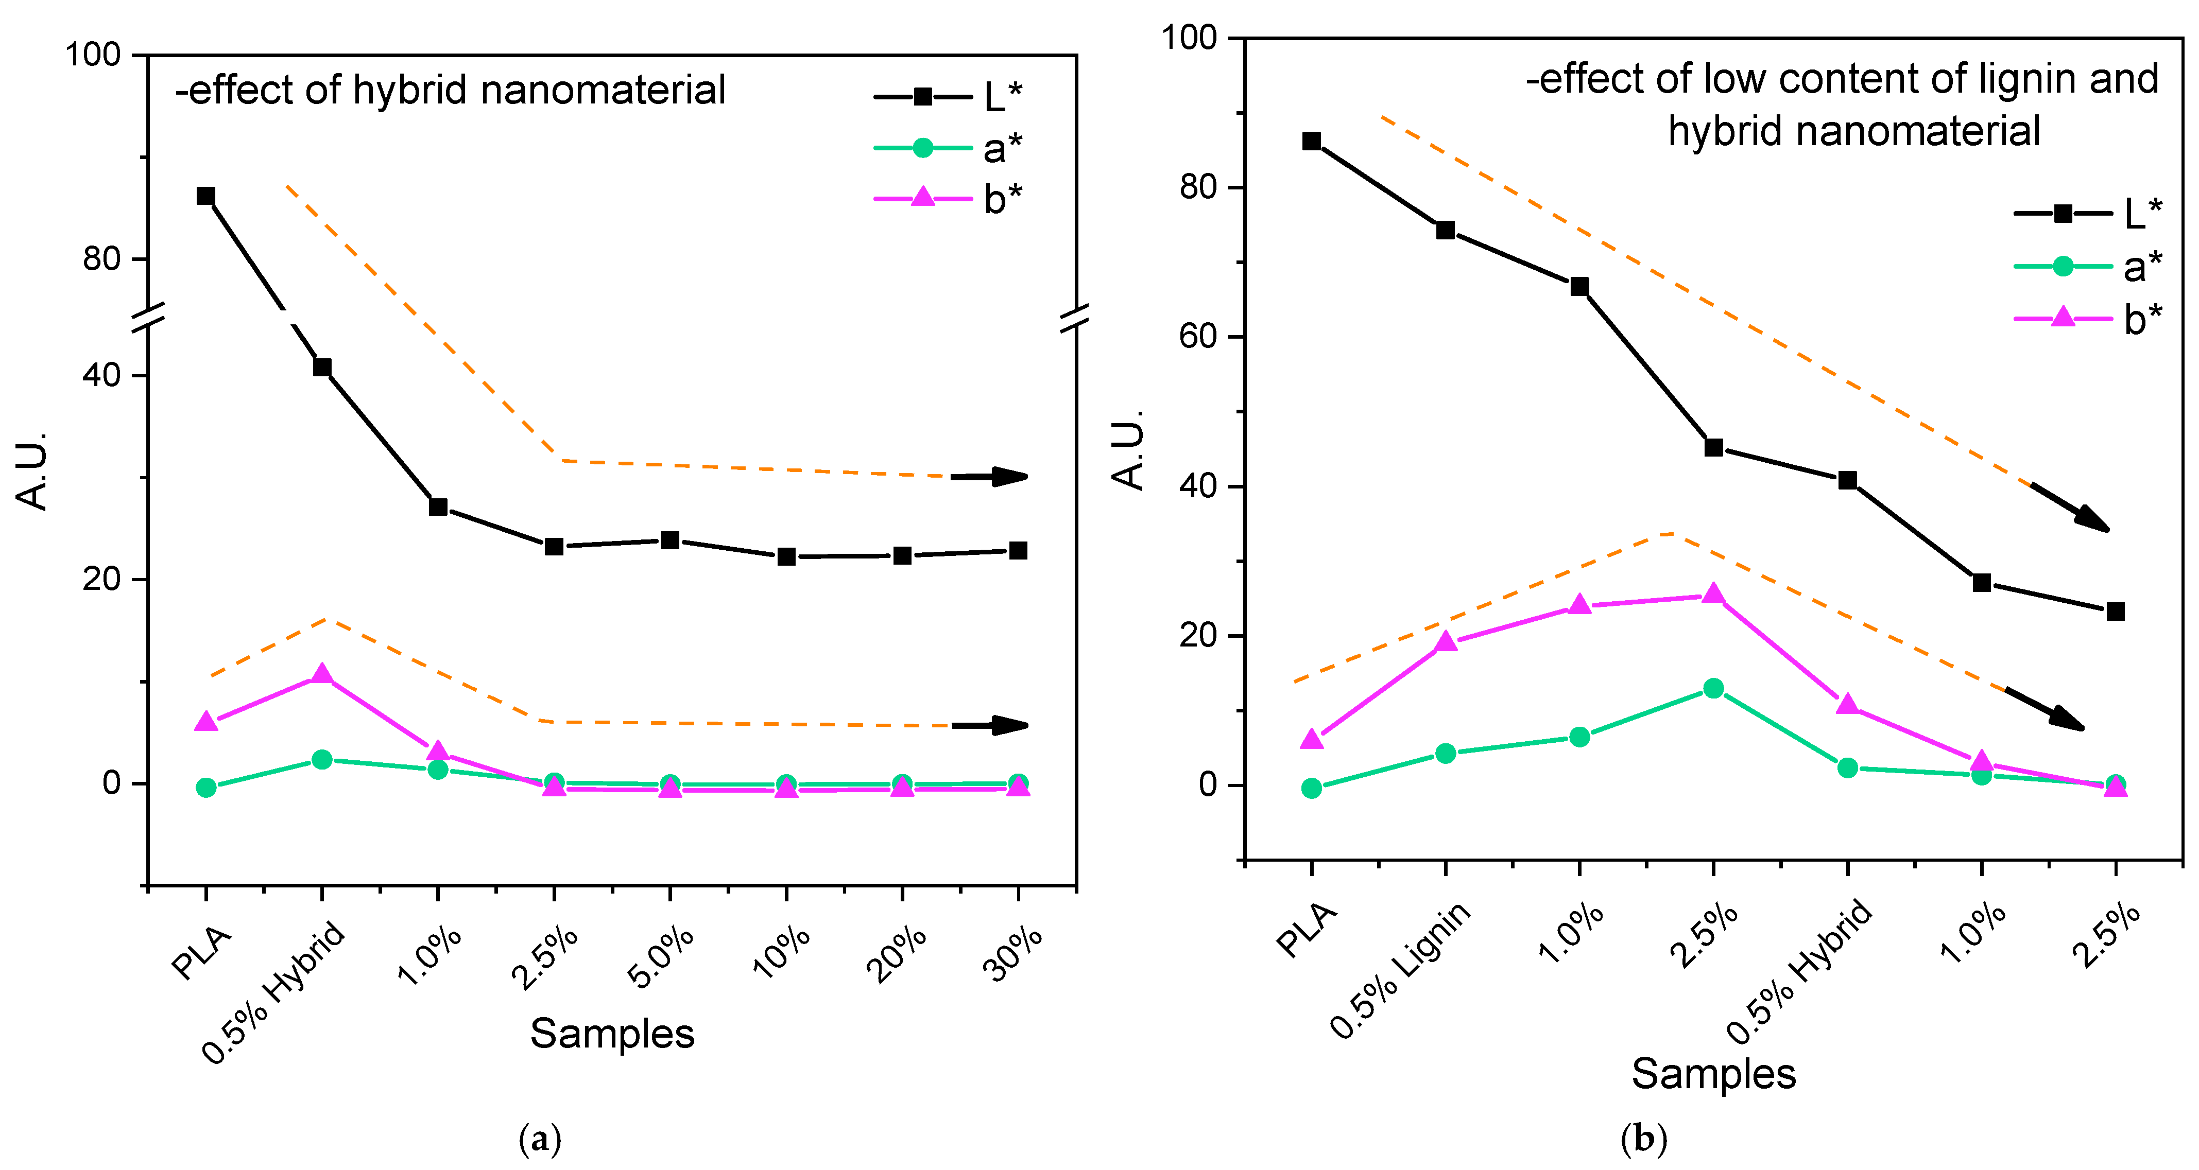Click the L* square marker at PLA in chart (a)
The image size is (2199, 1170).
(205, 196)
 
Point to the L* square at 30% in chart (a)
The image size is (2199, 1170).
(1018, 550)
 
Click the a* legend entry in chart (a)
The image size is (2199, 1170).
(948, 148)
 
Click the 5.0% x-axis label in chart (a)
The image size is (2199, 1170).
(662, 957)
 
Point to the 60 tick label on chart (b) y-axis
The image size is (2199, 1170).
(1198, 336)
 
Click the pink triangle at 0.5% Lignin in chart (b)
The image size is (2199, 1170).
(1445, 642)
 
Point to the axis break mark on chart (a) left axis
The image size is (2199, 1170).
(148, 318)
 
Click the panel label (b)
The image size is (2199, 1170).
(1643, 1139)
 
